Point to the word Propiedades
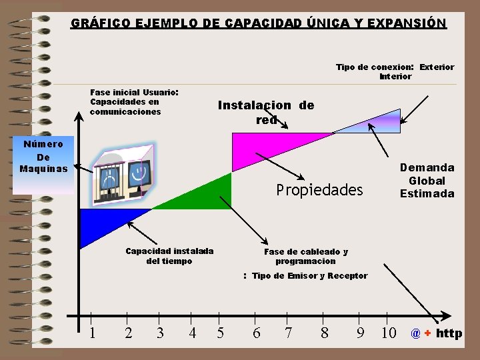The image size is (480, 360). click(319, 191)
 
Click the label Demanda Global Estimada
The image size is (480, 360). click(427, 181)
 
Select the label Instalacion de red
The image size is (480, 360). click(266, 112)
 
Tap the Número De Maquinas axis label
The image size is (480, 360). click(43, 156)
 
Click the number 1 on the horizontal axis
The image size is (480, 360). click(92, 333)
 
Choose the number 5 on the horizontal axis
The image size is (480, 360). click(221, 333)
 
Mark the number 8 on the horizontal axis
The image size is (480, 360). click(324, 333)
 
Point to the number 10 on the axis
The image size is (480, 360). click(388, 333)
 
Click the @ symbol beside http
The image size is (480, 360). click(415, 333)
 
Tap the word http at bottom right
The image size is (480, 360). click(449, 333)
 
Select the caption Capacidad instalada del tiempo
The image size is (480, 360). click(169, 256)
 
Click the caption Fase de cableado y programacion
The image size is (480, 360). click(305, 257)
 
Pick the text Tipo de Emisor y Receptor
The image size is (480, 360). click(309, 275)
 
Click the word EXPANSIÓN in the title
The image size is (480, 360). click(406, 23)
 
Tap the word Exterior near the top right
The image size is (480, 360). click(437, 67)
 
